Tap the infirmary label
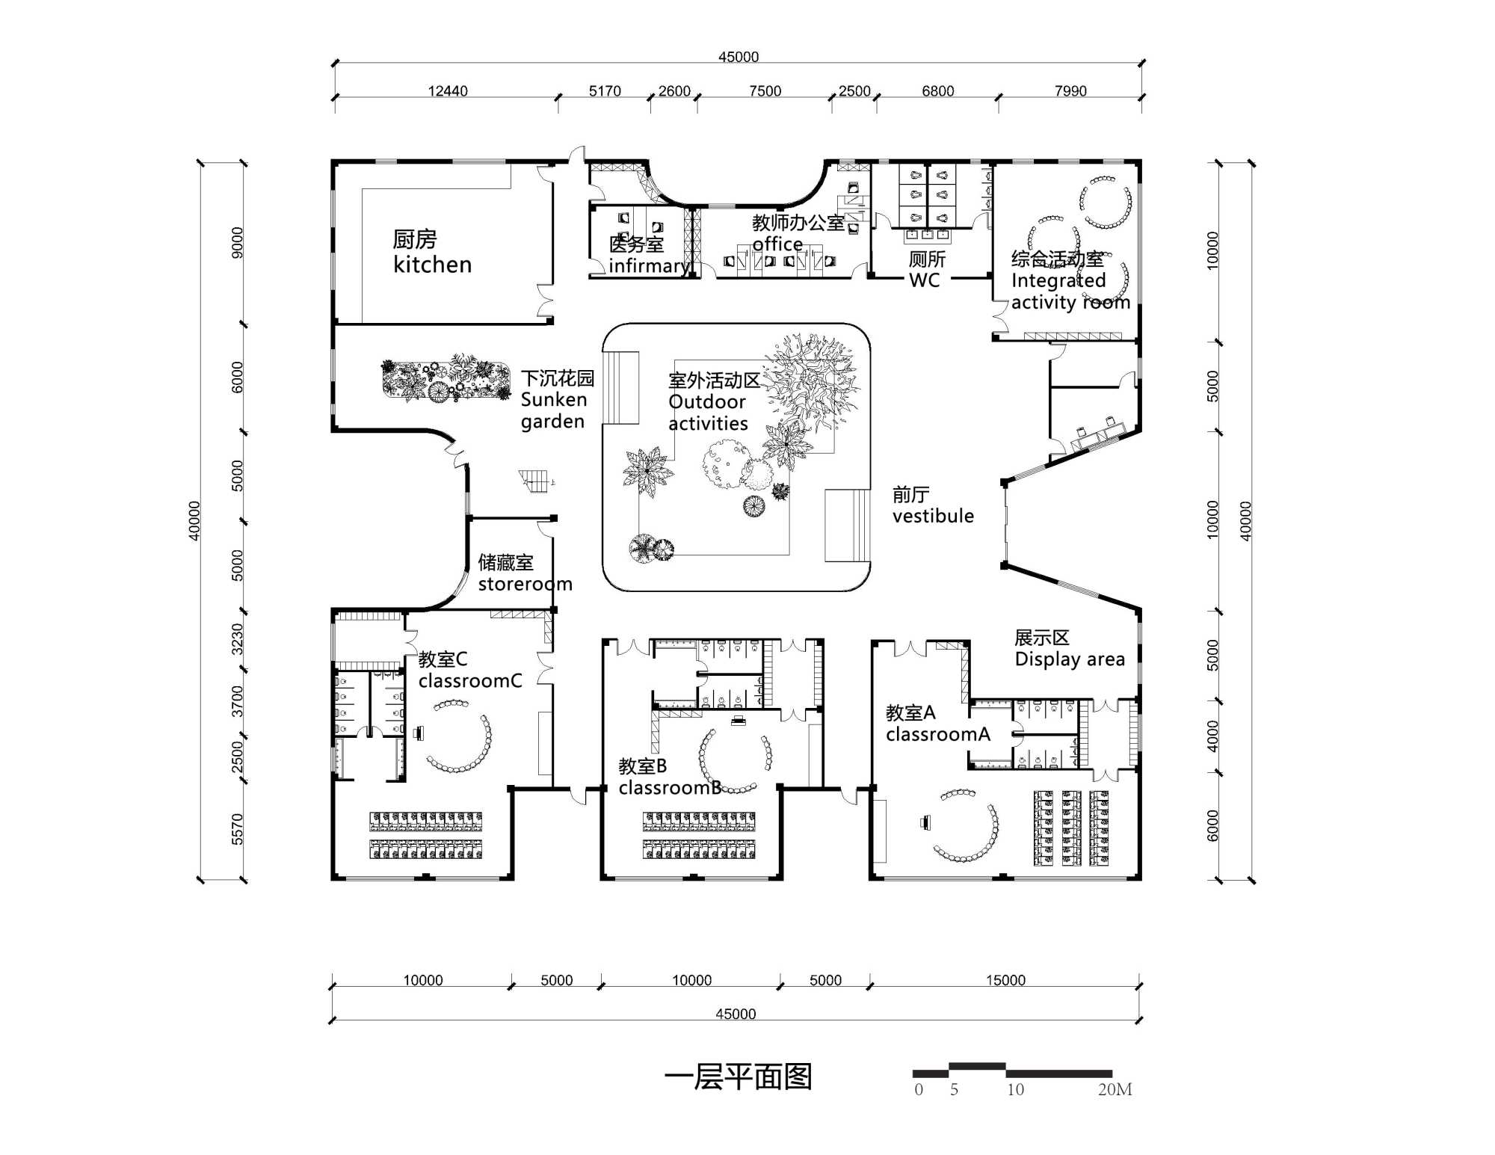[647, 256]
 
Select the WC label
[926, 270]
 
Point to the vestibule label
[932, 506]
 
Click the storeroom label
[524, 573]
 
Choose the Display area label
[1069, 649]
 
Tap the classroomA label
[937, 724]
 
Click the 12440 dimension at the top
[448, 91]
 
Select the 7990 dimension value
[1070, 91]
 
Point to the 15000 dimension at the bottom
[1005, 980]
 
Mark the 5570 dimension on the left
[238, 829]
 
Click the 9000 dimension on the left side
[238, 243]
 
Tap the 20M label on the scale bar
[1115, 1090]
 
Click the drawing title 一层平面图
[738, 1077]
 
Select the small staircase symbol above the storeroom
[535, 481]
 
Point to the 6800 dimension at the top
[937, 91]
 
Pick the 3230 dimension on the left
[238, 639]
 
